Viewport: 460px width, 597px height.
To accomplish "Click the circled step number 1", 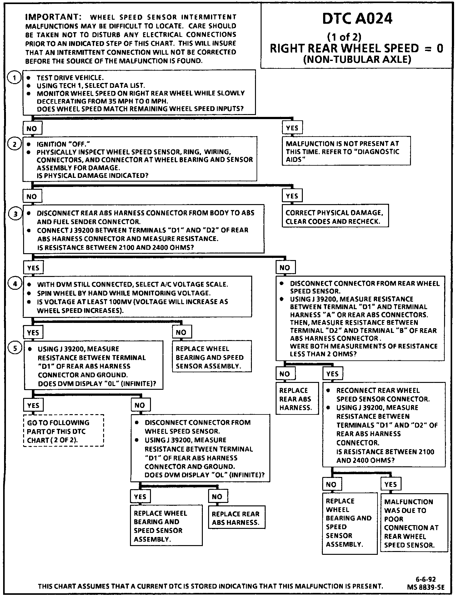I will (14, 78).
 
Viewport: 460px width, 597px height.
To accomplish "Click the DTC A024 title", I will (357, 19).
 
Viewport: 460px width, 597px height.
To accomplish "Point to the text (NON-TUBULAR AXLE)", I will (357, 59).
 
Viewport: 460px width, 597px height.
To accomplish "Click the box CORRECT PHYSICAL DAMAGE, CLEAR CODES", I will (335, 217).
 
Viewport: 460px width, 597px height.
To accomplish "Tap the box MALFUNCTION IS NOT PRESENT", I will (346, 151).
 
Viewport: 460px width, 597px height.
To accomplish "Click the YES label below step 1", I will (292, 128).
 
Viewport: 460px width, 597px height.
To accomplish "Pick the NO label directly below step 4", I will (181, 332).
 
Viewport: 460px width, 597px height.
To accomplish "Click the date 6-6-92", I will (425, 579).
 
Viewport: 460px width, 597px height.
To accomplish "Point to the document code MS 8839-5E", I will (425, 587).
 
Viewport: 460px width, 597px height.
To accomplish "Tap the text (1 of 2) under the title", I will (344, 37).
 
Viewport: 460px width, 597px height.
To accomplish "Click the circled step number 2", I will (14, 144).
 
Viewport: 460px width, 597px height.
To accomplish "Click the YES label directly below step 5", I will (33, 405).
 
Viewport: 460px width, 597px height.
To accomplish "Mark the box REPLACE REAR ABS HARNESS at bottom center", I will (237, 518).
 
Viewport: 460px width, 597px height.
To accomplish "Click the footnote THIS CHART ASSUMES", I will (210, 586).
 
